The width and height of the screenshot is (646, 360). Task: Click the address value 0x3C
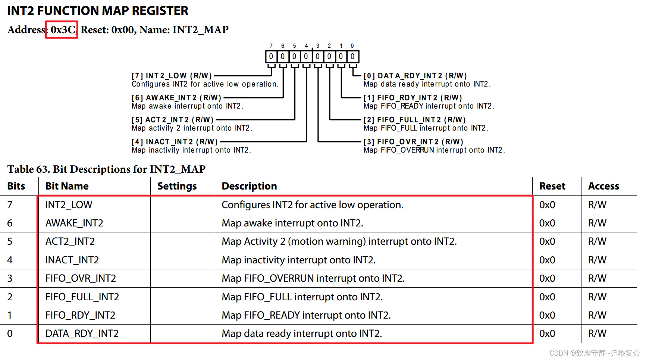click(62, 30)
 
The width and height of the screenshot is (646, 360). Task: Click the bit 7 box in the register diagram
click(271, 57)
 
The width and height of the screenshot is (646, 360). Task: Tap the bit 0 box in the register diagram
click(352, 57)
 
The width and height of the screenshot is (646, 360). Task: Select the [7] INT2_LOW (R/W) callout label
click(172, 76)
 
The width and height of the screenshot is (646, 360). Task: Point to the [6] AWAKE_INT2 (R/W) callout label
click(176, 98)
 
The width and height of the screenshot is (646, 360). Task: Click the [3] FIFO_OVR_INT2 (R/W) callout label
click(413, 142)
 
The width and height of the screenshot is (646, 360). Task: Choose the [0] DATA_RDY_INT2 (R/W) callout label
click(415, 76)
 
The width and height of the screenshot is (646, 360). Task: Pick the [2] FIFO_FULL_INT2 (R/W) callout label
click(414, 120)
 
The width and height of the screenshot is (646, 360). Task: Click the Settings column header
click(177, 186)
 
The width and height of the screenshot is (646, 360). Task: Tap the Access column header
click(603, 186)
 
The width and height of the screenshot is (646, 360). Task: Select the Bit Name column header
click(67, 186)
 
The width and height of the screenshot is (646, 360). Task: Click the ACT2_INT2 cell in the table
click(70, 241)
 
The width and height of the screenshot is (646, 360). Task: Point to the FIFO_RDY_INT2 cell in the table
click(80, 315)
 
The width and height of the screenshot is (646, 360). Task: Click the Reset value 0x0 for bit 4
click(547, 260)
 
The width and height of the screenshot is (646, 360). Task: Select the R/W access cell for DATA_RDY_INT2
click(597, 334)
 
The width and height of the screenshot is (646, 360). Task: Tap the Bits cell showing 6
click(10, 223)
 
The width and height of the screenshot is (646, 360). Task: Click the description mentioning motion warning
click(339, 241)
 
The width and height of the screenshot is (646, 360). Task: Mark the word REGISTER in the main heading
click(160, 11)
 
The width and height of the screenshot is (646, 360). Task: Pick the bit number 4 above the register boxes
click(306, 46)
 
